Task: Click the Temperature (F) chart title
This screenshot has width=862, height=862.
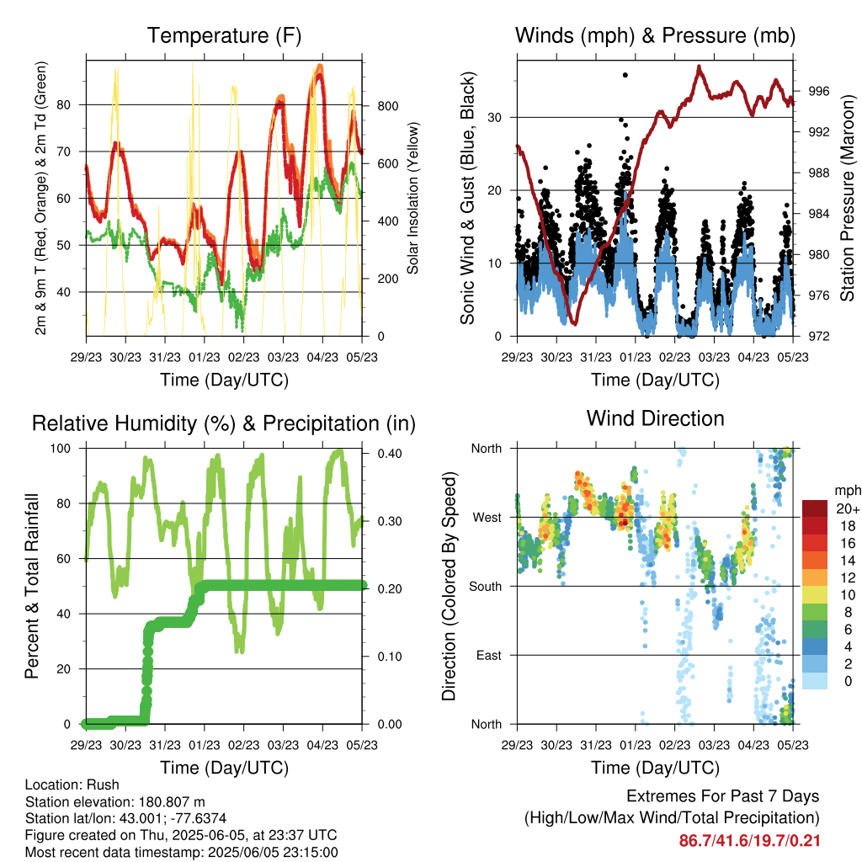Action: click(224, 35)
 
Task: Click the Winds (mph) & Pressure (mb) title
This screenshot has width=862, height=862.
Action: click(655, 35)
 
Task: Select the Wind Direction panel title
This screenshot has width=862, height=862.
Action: click(655, 418)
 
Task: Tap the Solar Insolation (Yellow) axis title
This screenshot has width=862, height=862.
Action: click(413, 199)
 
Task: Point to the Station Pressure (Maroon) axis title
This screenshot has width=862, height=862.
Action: click(848, 199)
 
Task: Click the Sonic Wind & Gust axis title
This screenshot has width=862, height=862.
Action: click(467, 199)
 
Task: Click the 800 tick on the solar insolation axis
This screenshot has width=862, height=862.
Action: click(386, 106)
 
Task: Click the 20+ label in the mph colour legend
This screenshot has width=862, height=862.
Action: click(846, 509)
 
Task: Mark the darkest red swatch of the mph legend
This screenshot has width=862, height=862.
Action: click(816, 509)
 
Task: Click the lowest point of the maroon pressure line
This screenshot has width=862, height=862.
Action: click(573, 322)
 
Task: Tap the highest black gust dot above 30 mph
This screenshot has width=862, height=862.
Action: click(625, 75)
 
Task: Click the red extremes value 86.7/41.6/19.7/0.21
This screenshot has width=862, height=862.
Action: click(749, 840)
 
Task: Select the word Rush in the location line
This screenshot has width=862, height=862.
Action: click(104, 785)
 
